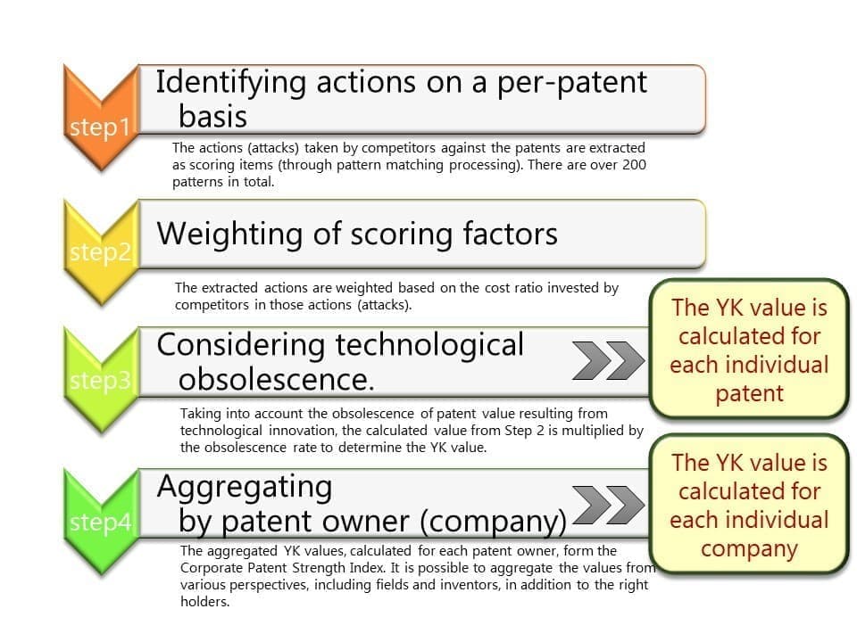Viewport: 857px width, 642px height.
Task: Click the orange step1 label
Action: [100, 128]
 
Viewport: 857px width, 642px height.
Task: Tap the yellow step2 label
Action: [101, 252]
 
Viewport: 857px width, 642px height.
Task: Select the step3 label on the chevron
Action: [101, 380]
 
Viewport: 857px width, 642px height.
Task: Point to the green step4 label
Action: [101, 522]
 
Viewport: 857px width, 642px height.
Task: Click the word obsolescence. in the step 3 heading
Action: [276, 379]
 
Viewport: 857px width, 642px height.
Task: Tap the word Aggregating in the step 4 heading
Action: [245, 488]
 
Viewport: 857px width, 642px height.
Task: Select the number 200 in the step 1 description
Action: [634, 164]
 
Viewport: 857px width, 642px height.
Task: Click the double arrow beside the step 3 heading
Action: [608, 360]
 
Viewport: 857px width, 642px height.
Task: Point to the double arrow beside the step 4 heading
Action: [608, 505]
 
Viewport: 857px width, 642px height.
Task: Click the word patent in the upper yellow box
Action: [749, 394]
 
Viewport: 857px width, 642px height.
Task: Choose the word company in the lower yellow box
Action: [749, 548]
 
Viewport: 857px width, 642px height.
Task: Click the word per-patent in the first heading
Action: [571, 84]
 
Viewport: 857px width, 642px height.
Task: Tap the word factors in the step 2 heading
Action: [510, 234]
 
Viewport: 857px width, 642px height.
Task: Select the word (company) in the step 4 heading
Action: [494, 522]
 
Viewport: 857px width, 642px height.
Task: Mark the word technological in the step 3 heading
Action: [429, 346]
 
